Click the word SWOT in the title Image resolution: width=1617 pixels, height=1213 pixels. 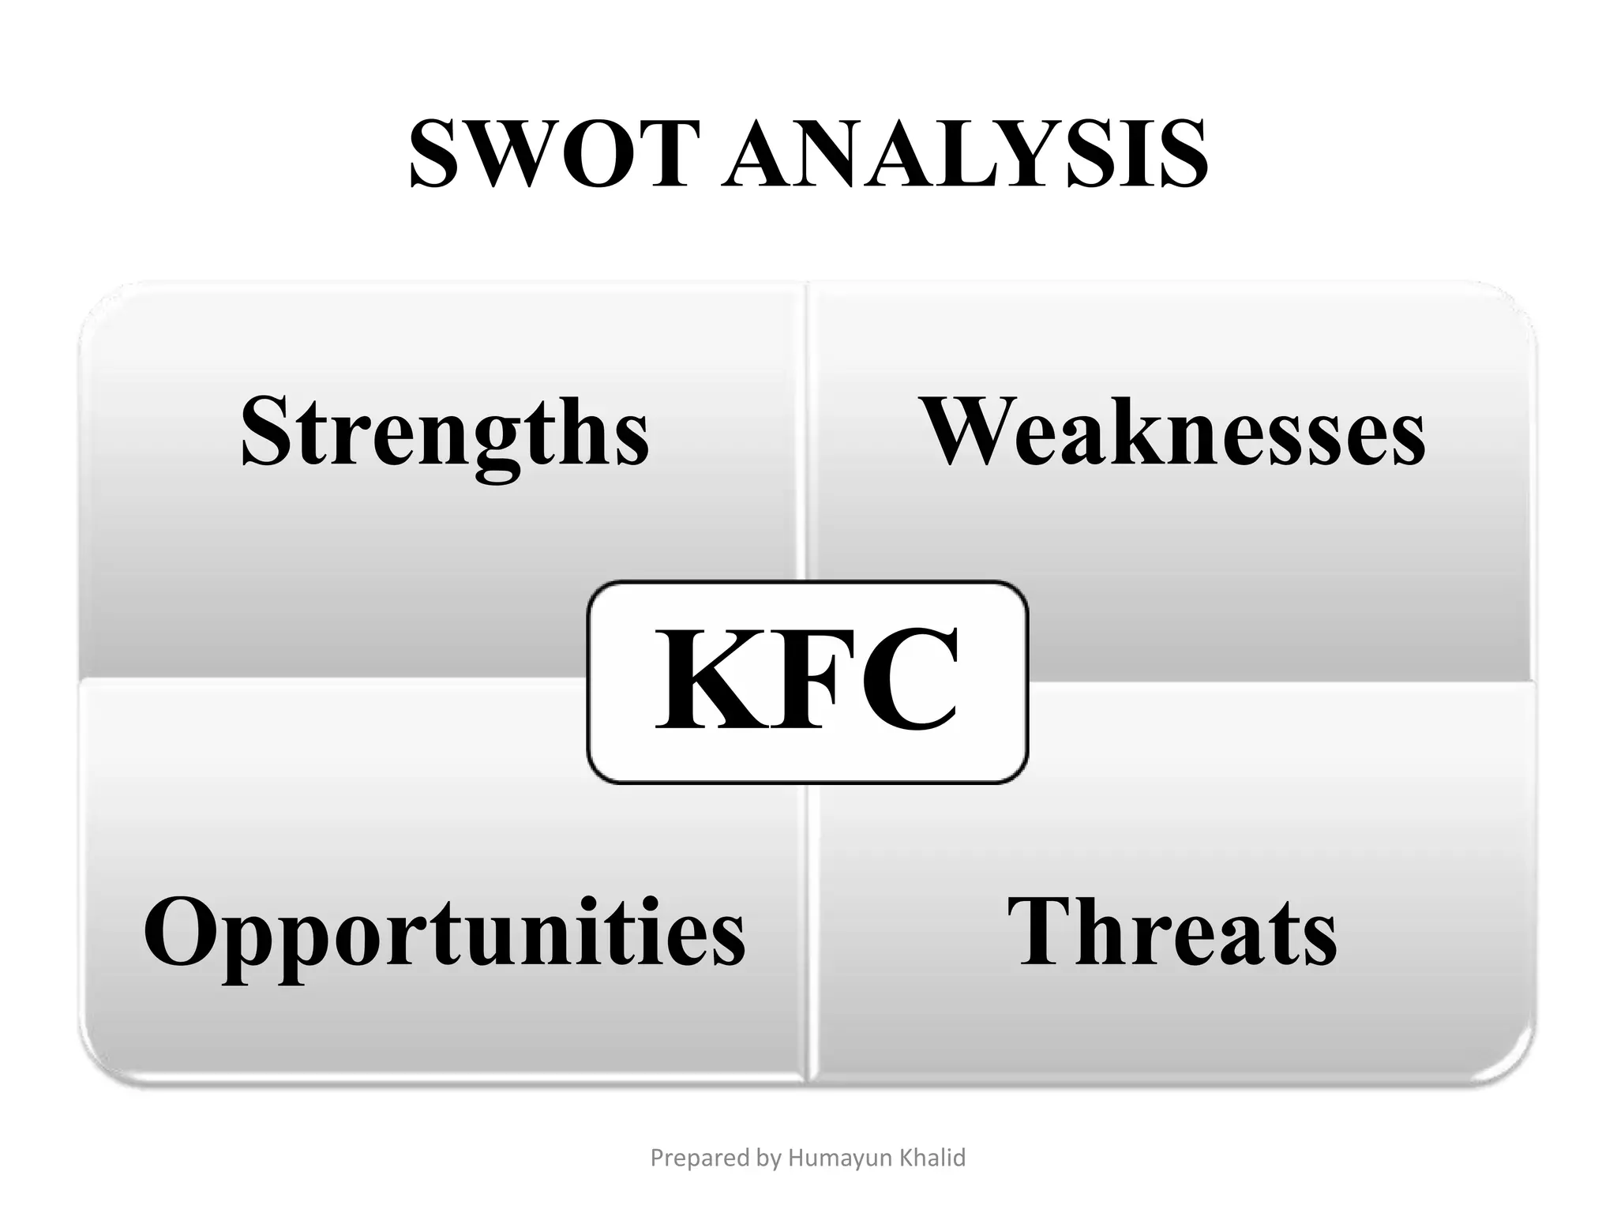pos(553,153)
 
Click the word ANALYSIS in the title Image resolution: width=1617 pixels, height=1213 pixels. pos(964,153)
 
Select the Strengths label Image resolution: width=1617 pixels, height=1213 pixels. pos(445,430)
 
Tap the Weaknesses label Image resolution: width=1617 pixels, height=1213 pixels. pos(1172,430)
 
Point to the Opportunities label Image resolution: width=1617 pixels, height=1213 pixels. pos(444,932)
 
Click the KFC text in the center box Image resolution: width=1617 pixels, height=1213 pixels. pos(808,681)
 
